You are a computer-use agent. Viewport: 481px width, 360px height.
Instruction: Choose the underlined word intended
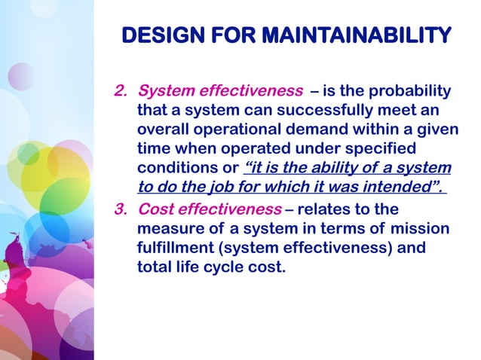[401, 186]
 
